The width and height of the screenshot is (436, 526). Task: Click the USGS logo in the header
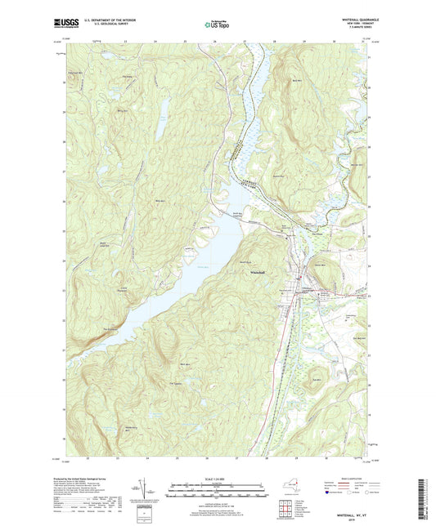[x=66, y=24]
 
